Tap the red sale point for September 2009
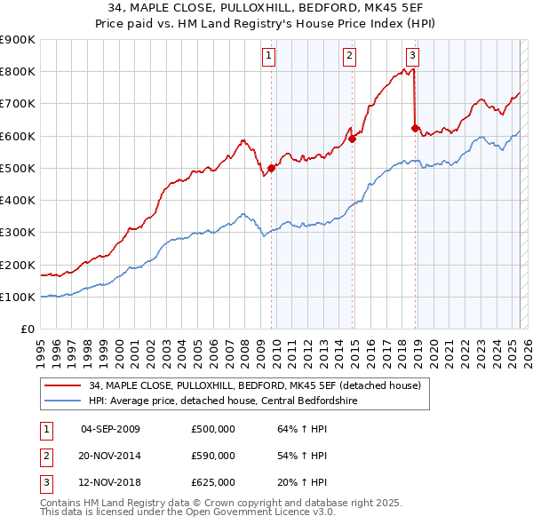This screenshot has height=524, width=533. [271, 167]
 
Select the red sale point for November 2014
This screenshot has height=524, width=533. [353, 138]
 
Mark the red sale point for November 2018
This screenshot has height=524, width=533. [415, 127]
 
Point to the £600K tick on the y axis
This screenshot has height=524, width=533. [18, 136]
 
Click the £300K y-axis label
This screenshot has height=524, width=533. [18, 233]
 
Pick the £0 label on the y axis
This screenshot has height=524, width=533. [27, 329]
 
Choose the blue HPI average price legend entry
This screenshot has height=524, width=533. [235, 401]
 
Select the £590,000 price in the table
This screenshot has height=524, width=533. [213, 456]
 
